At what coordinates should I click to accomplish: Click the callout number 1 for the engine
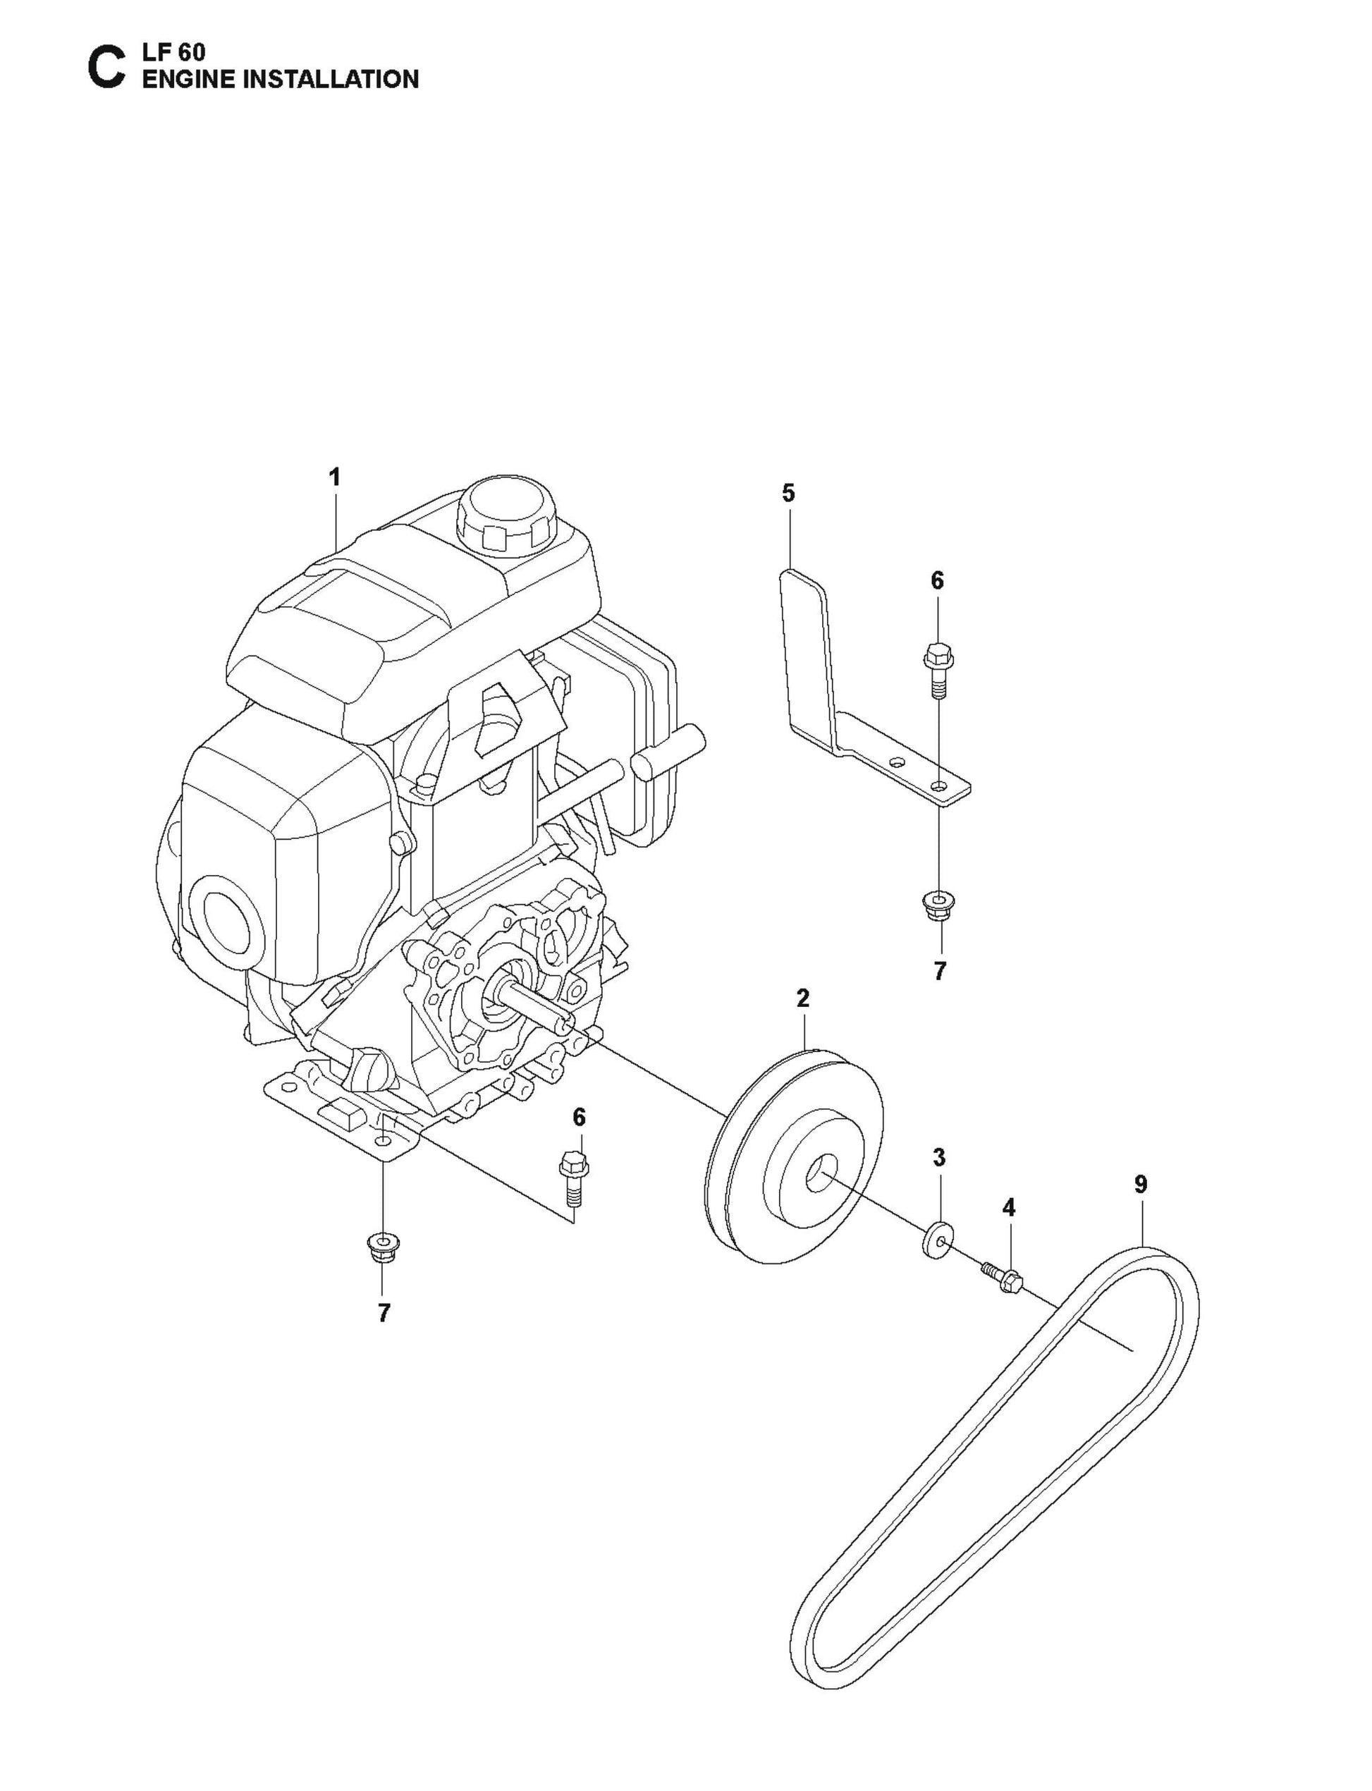click(334, 478)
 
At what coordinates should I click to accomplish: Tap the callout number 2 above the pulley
click(803, 998)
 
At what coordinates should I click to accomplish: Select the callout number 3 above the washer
click(939, 1157)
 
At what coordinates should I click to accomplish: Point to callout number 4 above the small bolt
click(1009, 1208)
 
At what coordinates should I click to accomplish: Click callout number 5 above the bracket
click(788, 494)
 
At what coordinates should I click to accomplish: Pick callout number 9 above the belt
click(1141, 1184)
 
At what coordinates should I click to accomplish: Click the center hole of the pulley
click(820, 1176)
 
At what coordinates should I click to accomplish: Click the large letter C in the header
click(106, 68)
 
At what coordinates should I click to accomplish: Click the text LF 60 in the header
click(174, 52)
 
